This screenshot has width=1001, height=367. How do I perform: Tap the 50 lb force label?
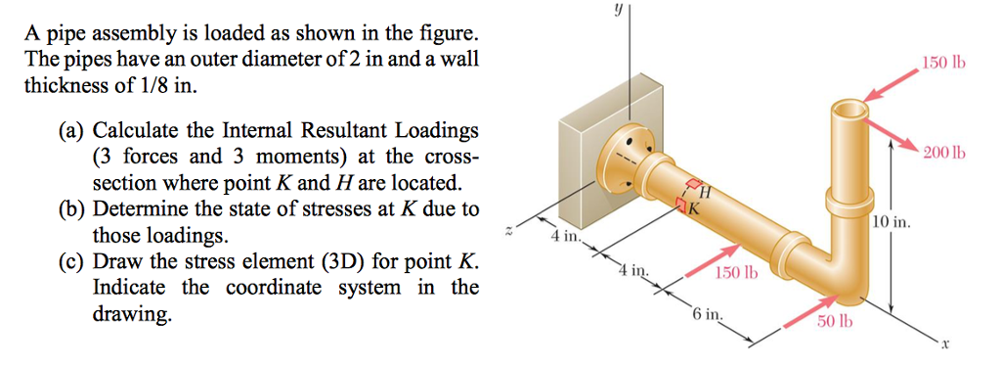pyautogui.click(x=833, y=323)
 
